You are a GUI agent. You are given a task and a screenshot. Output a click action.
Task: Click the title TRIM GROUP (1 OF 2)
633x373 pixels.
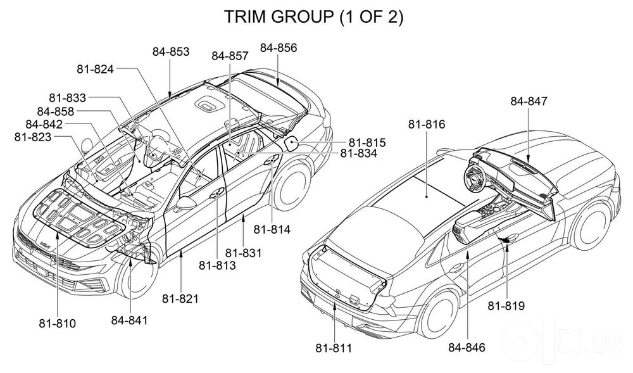click(313, 17)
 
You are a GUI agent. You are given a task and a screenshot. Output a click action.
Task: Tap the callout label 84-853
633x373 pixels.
click(171, 52)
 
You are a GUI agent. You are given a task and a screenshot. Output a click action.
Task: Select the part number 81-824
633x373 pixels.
click(96, 70)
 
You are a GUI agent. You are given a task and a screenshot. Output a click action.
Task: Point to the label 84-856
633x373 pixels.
click(278, 48)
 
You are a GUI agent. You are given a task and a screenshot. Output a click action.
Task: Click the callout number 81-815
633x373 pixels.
click(367, 143)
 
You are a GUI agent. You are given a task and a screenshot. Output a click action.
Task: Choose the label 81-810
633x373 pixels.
click(58, 324)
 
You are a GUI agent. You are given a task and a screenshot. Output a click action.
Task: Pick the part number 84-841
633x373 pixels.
click(130, 320)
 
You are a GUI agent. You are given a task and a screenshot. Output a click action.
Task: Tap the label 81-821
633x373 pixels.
click(180, 299)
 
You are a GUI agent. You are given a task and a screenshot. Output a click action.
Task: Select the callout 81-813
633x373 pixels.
click(217, 265)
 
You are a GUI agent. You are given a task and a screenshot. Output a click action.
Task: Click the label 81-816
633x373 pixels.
click(427, 124)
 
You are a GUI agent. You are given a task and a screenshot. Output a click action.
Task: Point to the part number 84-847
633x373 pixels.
click(529, 101)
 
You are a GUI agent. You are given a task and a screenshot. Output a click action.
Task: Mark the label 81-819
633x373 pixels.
click(506, 306)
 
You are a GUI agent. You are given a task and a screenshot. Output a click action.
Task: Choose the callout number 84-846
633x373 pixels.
click(467, 347)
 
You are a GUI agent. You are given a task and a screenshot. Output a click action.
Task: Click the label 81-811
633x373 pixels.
click(334, 348)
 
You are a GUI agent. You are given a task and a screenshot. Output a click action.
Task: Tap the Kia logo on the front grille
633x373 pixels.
click(44, 245)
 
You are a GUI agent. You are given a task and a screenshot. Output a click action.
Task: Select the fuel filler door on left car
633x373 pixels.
click(292, 142)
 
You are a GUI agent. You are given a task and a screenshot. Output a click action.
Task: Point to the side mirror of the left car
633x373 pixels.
click(185, 202)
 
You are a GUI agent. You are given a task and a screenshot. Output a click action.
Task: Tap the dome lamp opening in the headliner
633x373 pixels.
click(209, 104)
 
